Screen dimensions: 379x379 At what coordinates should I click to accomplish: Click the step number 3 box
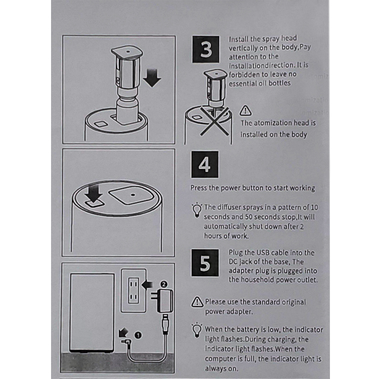click(x=206, y=50)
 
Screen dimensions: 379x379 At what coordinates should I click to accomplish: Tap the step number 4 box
click(x=205, y=165)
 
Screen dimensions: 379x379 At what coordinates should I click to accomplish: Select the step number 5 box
click(x=205, y=263)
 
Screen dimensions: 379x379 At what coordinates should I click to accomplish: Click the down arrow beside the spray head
click(x=152, y=78)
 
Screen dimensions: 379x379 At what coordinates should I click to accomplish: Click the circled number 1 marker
click(x=138, y=335)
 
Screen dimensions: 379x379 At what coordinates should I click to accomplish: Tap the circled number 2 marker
click(x=164, y=284)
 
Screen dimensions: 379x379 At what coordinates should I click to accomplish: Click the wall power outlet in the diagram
click(x=133, y=290)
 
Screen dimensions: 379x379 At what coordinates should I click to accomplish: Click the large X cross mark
click(x=214, y=121)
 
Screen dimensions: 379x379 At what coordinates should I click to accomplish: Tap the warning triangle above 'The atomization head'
click(x=246, y=111)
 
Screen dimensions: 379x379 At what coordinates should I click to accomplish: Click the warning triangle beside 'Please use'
click(x=197, y=302)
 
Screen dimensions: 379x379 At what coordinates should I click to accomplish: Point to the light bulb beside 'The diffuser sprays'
click(x=197, y=210)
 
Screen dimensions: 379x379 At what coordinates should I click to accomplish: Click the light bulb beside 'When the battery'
click(x=197, y=329)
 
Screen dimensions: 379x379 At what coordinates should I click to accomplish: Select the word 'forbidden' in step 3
click(x=245, y=75)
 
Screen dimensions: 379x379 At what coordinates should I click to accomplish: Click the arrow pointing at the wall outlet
click(x=147, y=284)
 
